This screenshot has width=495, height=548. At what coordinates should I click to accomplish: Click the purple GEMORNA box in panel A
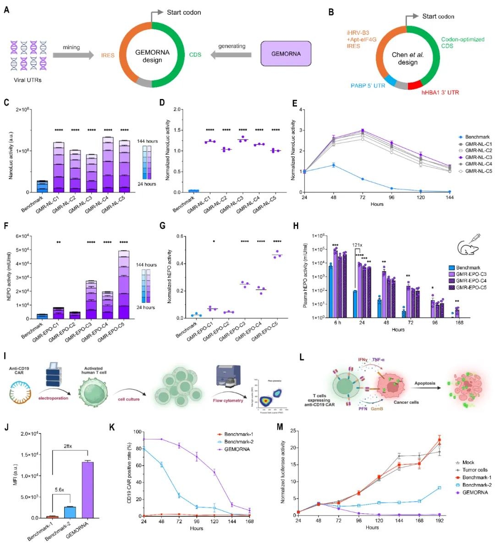(x=286, y=54)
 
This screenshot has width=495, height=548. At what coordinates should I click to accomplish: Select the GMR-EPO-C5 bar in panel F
(x=123, y=284)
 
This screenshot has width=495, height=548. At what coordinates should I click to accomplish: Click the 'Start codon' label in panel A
(x=183, y=12)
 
